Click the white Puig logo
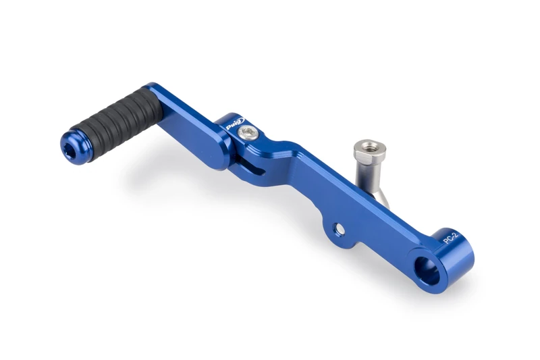click(x=234, y=125)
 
